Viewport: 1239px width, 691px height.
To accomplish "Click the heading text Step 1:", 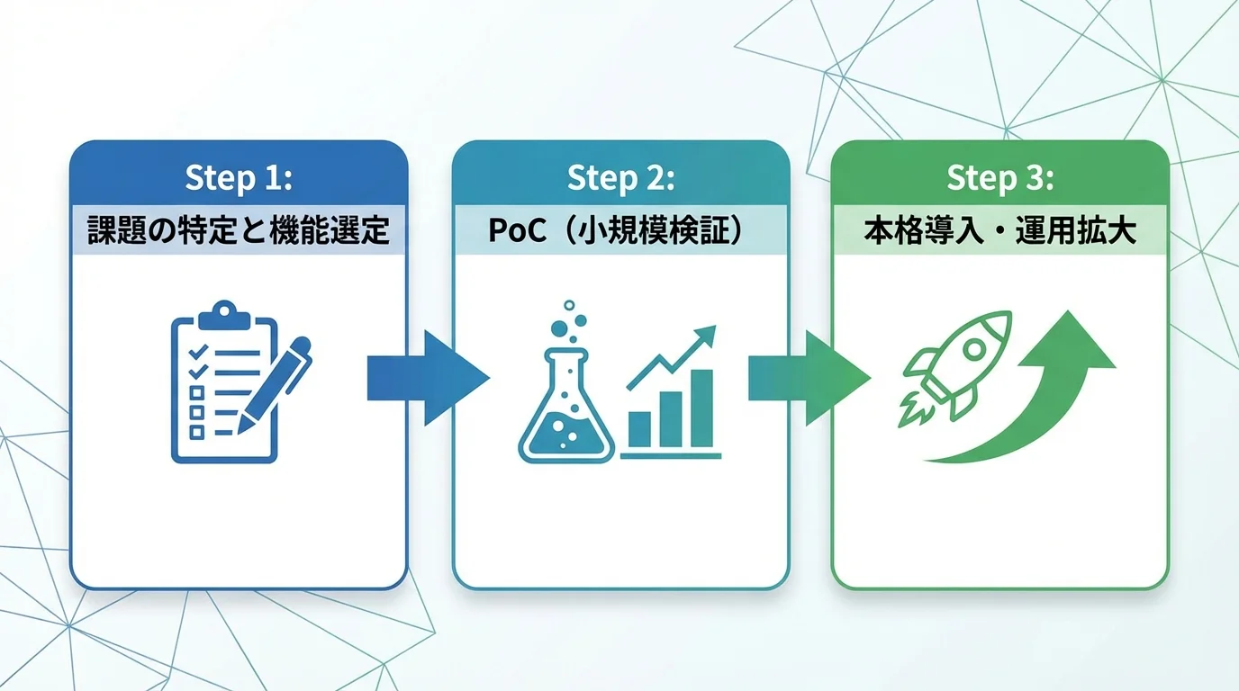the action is [239, 178].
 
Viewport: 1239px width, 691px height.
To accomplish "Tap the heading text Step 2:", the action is [620, 178].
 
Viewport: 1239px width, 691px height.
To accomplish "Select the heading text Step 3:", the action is [1000, 178].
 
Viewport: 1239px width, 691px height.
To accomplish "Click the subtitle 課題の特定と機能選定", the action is [239, 230].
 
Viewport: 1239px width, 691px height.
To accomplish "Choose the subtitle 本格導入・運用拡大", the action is [1000, 230].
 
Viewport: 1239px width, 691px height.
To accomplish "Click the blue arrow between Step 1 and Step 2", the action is [429, 378].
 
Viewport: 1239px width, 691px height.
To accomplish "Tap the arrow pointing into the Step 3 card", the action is [809, 378].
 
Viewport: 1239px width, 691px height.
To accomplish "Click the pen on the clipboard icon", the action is [275, 385].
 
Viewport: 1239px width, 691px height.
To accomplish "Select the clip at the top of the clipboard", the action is [224, 315].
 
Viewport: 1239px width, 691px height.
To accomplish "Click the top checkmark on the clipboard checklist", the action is [198, 352].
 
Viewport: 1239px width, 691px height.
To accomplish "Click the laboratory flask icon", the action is [566, 405].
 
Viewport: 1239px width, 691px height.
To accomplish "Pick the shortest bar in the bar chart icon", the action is [640, 429].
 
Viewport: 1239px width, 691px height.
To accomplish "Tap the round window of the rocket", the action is [974, 349].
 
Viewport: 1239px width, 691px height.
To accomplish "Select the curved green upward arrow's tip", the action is [1068, 311].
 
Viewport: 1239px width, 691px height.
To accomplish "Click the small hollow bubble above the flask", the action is [568, 305].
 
